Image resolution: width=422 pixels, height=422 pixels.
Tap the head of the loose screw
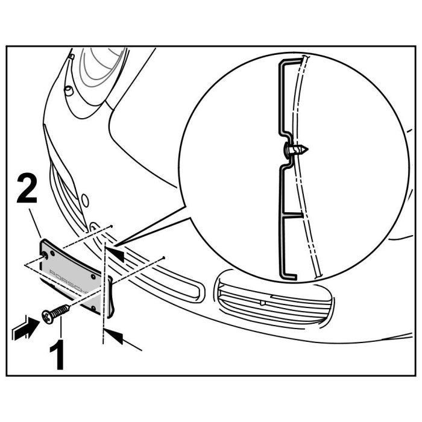tap(46, 316)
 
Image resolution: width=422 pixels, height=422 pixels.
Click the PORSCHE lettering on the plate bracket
tap(68, 280)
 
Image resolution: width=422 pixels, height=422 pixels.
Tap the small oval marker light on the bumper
tap(85, 201)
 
